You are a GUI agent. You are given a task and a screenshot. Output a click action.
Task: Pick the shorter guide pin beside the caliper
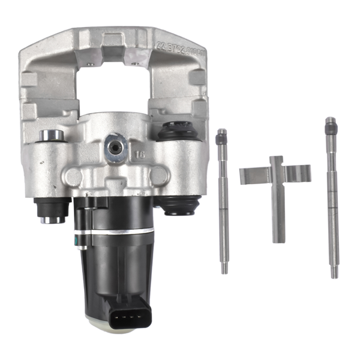tap(223, 198)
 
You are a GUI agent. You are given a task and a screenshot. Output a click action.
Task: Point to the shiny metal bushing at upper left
tap(53, 135)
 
